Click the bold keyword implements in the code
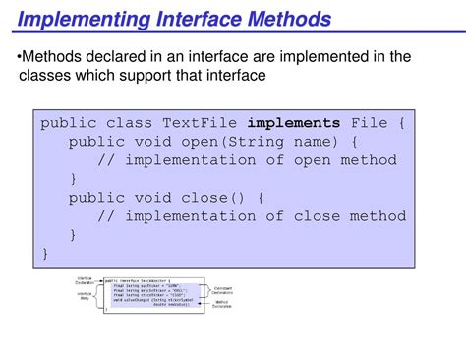293,124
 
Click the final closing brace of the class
45,253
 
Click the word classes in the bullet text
49,76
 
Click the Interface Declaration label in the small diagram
85,281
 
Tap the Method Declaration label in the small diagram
223,306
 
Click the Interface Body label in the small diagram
85,297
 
